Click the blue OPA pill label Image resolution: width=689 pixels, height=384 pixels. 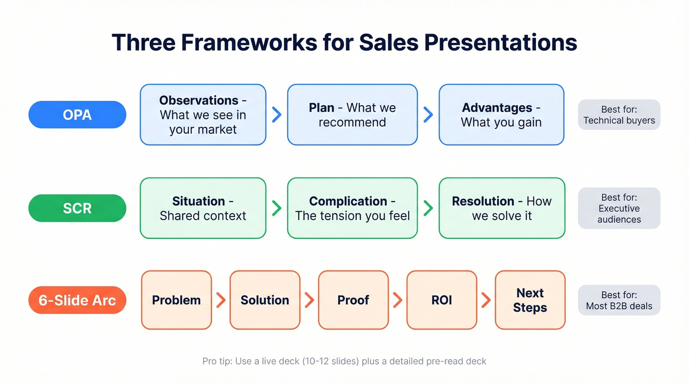(77, 115)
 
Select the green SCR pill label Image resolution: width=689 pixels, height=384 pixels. (77, 208)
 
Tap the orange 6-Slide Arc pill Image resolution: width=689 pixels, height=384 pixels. (77, 300)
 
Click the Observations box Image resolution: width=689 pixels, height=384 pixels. (203, 115)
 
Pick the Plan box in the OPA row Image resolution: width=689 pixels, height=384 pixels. (352, 115)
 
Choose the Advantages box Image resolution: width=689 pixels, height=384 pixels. (501, 115)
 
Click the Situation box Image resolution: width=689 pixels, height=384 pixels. (203, 208)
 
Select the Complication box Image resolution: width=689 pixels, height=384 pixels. (352, 208)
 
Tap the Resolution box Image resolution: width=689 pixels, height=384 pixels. (501, 208)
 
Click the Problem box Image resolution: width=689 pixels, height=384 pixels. (176, 300)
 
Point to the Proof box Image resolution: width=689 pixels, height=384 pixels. (353, 300)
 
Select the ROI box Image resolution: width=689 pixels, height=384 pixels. (441, 300)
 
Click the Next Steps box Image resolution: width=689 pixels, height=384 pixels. (530, 300)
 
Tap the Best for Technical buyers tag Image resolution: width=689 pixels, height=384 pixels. (619, 115)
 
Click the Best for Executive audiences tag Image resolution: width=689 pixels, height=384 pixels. (619, 208)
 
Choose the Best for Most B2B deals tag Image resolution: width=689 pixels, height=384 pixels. (619, 300)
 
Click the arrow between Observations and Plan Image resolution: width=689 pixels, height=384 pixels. (277, 115)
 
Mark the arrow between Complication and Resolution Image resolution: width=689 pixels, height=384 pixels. (428, 208)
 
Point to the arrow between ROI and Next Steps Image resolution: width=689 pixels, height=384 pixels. (486, 300)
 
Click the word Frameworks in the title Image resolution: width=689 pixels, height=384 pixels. (250, 43)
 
